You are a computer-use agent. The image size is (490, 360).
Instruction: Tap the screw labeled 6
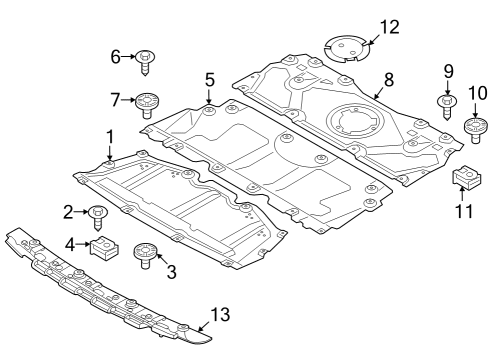(146, 60)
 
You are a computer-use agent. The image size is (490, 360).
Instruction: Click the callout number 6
(116, 57)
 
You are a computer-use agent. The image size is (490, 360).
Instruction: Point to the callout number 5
(208, 79)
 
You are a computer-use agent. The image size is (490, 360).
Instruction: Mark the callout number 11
(462, 212)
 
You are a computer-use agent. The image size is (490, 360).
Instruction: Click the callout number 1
(110, 135)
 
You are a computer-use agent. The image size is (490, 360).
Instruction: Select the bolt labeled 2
(99, 213)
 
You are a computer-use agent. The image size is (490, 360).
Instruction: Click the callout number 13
(220, 316)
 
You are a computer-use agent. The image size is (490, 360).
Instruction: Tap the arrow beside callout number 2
(82, 211)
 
